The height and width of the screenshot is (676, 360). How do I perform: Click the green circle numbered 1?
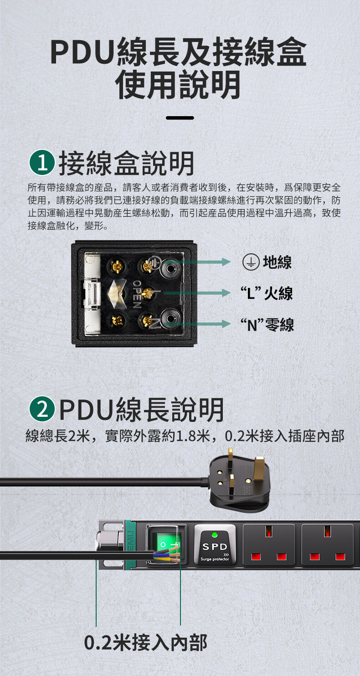click(x=42, y=163)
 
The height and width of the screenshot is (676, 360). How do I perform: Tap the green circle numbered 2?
click(x=42, y=409)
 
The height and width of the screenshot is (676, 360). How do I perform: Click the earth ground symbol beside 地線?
click(x=251, y=261)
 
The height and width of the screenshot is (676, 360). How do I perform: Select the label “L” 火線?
click(x=267, y=293)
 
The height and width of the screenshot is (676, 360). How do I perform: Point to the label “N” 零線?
click(x=267, y=325)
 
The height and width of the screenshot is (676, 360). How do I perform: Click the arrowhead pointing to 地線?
click(x=226, y=261)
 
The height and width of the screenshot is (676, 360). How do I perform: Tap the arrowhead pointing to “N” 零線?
click(x=226, y=324)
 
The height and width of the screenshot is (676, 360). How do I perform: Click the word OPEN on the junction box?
click(x=137, y=294)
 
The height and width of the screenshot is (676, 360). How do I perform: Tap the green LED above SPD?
click(x=215, y=534)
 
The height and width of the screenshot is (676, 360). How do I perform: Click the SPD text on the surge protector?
click(x=215, y=547)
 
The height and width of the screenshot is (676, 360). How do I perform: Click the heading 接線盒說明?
click(x=126, y=163)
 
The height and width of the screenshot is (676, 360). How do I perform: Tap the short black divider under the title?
click(x=180, y=118)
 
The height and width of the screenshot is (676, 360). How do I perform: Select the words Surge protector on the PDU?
click(x=215, y=559)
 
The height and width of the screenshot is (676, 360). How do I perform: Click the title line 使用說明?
click(x=178, y=84)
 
